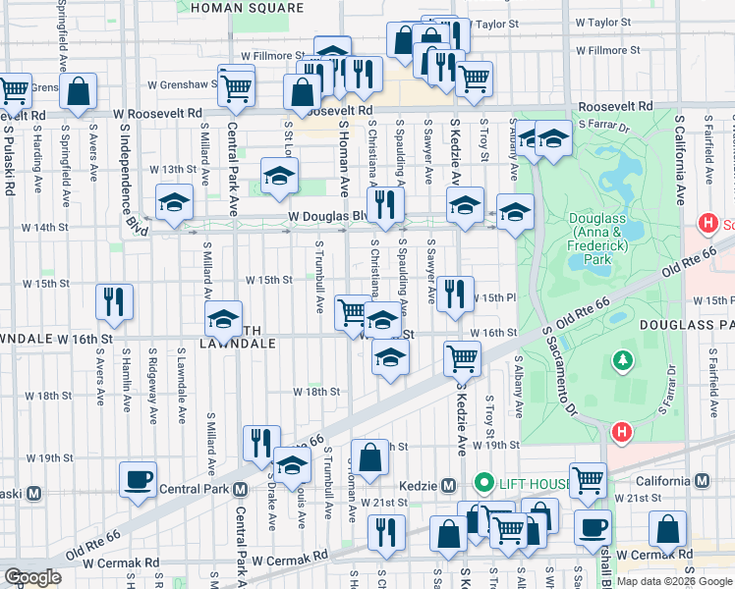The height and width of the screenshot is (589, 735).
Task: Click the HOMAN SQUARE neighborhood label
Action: [247, 8]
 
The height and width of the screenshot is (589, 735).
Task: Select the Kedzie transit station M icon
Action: [448, 485]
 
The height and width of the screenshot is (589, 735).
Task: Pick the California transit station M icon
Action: [702, 481]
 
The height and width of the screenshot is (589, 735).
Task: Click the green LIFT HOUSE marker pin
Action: [482, 483]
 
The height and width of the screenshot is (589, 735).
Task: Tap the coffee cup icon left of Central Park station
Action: [138, 479]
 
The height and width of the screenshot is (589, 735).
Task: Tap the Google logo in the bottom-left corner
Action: [32, 577]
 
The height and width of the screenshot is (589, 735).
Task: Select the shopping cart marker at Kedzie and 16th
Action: [461, 358]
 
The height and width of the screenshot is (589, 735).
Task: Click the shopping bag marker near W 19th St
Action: [369, 457]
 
